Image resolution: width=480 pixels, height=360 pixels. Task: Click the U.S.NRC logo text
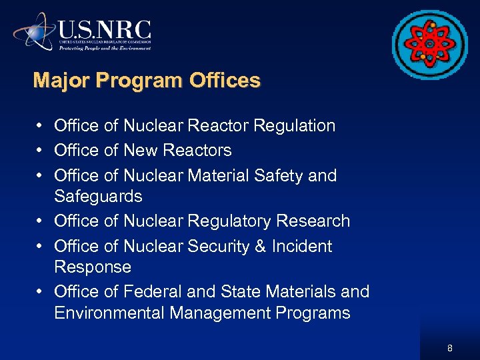coord(105,31)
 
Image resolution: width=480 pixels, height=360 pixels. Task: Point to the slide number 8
coord(450,348)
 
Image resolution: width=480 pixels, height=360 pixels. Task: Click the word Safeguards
coord(98,196)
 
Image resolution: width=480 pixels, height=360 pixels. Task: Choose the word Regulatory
coord(230,221)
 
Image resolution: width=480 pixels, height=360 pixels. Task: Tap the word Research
coord(313,221)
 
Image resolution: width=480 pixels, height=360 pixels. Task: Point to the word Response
coord(93,267)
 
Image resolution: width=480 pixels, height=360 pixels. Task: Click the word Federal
coord(158,291)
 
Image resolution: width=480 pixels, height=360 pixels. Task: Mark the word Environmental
coord(108,313)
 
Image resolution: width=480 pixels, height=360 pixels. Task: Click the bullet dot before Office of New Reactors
coord(40,151)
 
